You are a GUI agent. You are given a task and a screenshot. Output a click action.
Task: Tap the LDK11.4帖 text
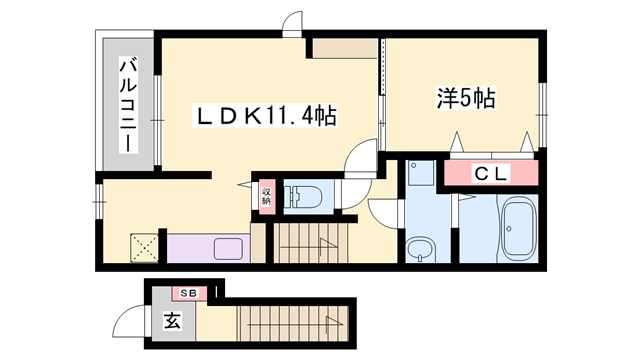(264, 117)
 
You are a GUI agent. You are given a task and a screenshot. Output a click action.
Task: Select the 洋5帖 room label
(466, 99)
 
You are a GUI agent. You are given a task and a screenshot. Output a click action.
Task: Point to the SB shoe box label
(188, 293)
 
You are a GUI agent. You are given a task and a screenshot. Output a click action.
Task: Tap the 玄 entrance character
(171, 323)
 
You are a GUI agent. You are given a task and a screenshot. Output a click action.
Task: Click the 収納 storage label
(266, 196)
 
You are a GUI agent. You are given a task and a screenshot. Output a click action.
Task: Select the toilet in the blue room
(302, 195)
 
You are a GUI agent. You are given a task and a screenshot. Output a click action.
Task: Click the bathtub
(519, 230)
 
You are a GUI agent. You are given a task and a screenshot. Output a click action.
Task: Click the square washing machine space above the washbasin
(419, 176)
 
